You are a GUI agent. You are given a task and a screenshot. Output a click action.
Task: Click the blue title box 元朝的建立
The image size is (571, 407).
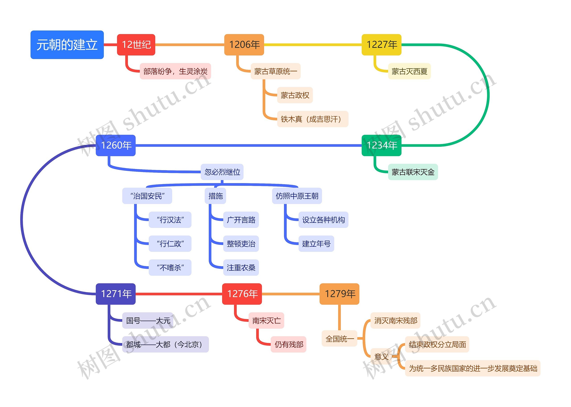(67, 45)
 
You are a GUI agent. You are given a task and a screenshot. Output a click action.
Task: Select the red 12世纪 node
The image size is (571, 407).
(136, 45)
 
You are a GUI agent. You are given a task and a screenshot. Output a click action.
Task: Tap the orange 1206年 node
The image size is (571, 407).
(244, 45)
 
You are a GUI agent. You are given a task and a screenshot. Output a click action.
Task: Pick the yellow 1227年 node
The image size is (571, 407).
(381, 45)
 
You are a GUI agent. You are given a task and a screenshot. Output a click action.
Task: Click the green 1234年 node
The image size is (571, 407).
(381, 145)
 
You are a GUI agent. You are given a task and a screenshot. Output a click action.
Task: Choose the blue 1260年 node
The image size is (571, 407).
(116, 145)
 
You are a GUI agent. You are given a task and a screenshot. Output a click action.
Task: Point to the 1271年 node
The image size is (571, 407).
(116, 294)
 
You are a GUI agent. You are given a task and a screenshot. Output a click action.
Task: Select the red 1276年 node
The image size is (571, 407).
(242, 294)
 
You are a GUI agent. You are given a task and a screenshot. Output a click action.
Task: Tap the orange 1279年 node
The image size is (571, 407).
(339, 294)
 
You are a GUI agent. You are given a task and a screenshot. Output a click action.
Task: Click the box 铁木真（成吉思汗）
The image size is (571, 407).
(312, 119)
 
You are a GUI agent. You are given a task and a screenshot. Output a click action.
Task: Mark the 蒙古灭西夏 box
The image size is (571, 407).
(409, 71)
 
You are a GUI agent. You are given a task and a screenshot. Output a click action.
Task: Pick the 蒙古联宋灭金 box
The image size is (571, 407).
(413, 172)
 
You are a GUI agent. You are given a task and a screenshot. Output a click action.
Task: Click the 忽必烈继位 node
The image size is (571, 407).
(222, 172)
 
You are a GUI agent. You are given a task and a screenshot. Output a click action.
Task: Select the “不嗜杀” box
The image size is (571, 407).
(170, 268)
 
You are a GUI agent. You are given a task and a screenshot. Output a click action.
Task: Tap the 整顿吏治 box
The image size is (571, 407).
(241, 244)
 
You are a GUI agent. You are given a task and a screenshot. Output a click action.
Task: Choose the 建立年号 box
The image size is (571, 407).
(316, 244)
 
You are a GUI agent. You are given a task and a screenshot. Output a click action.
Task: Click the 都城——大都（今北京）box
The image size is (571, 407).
(166, 344)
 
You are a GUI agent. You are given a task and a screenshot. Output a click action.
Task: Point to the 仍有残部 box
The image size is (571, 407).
(288, 344)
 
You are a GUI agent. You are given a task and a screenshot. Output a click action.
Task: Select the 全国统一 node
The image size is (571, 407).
(339, 339)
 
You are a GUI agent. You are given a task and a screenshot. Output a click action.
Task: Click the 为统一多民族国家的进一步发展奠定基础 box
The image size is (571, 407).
(473, 368)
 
